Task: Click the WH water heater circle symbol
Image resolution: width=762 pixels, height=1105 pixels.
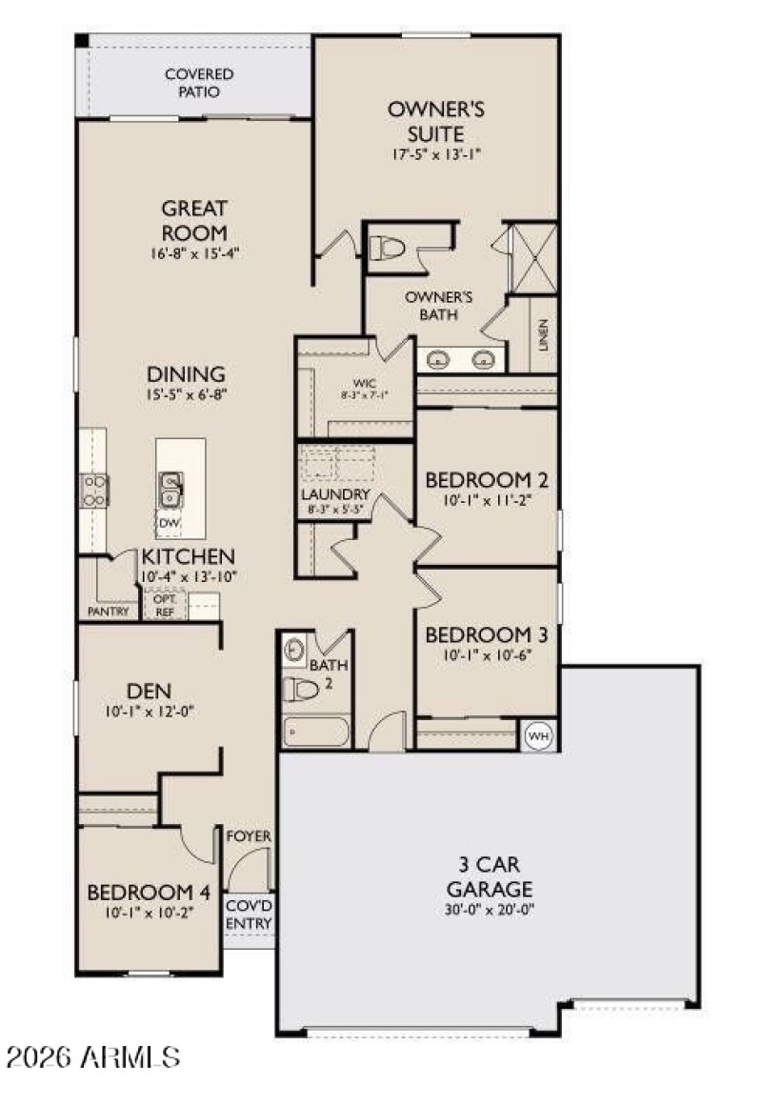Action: (538, 734)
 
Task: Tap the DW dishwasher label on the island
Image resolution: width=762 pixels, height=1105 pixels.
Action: (170, 524)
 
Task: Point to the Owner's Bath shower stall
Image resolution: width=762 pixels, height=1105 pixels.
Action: (532, 258)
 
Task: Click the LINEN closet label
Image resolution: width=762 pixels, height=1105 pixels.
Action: (542, 334)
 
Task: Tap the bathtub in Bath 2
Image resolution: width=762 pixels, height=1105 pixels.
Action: (316, 732)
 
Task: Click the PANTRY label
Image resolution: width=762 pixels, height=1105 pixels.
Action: (108, 612)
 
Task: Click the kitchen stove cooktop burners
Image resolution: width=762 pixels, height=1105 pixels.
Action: (95, 490)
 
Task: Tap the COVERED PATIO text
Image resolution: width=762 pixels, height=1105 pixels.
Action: (199, 83)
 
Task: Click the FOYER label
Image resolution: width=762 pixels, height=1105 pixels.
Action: (249, 836)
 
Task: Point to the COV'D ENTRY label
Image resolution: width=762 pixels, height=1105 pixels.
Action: (249, 915)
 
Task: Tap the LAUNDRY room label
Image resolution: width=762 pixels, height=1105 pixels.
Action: (334, 494)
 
